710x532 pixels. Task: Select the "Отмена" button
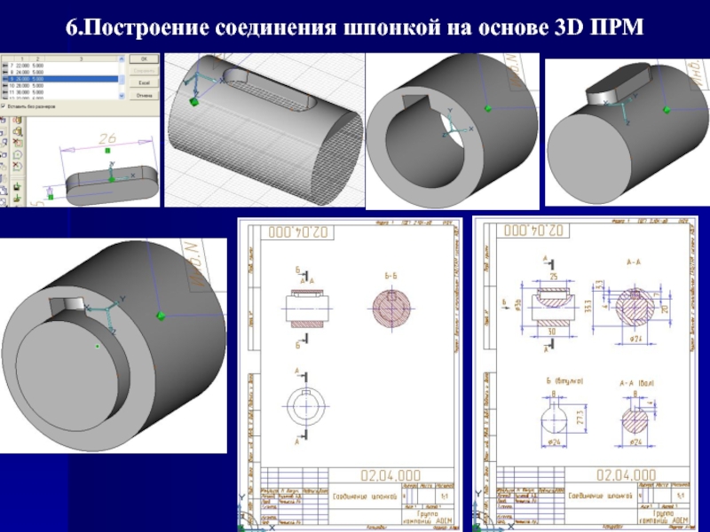[142, 96]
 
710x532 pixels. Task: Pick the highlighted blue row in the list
[62, 78]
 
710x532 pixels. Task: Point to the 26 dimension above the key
[107, 139]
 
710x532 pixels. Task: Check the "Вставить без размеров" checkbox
[4, 106]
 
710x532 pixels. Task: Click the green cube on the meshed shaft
[192, 102]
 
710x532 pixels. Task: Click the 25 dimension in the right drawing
[554, 278]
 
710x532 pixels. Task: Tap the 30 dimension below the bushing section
[553, 332]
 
